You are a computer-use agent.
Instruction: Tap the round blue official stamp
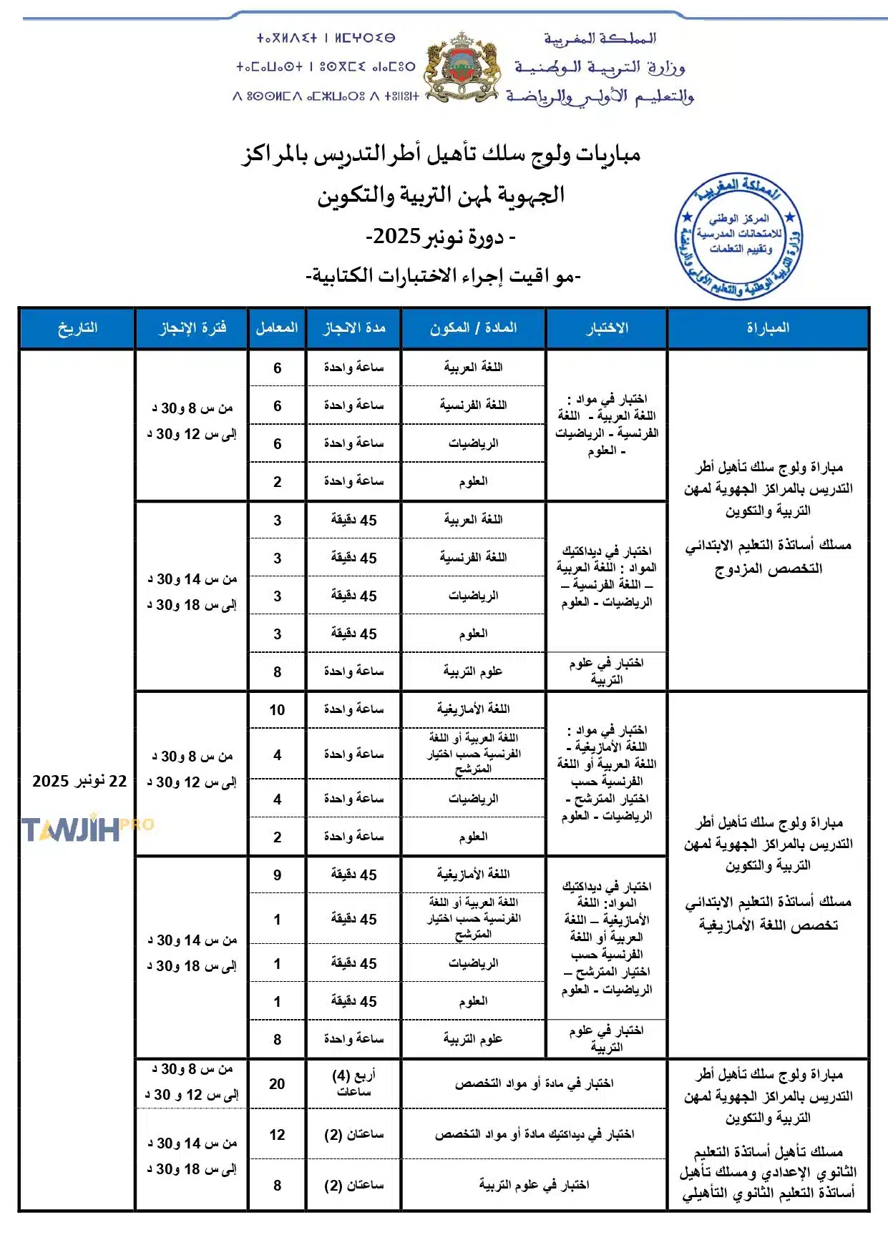[x=738, y=235]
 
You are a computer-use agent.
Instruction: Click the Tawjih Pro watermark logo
[x=86, y=829]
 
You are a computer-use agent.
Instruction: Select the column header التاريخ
[x=77, y=328]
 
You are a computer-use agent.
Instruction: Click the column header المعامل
[x=277, y=328]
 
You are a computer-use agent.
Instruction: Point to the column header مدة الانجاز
[x=353, y=328]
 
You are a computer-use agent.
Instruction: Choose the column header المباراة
[x=768, y=328]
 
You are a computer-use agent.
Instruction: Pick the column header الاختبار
[x=606, y=328]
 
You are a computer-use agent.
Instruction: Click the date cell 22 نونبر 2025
[x=79, y=781]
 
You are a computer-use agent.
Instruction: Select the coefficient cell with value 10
[x=277, y=710]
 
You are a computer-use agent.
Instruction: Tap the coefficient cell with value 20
[x=277, y=1084]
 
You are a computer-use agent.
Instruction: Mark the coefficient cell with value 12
[x=277, y=1135]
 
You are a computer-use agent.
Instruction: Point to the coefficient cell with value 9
[x=277, y=875]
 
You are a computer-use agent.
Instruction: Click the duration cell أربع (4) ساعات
[x=353, y=1083]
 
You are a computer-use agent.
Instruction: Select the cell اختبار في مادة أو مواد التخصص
[x=534, y=1084]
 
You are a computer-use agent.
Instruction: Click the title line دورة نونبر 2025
[x=440, y=236]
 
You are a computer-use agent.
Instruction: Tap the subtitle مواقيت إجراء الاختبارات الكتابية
[x=443, y=276]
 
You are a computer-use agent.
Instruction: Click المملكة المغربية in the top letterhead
[x=600, y=38]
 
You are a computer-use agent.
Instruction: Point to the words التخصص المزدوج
[x=768, y=570]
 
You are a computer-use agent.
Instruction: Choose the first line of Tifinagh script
[x=326, y=38]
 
